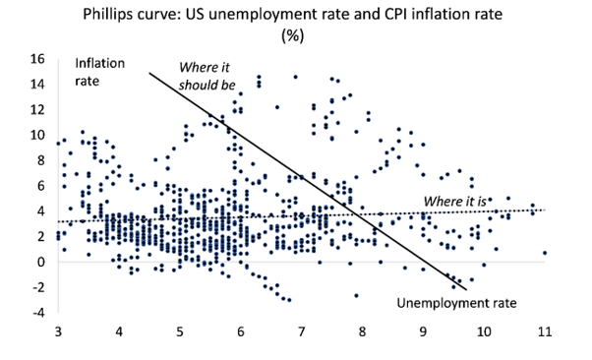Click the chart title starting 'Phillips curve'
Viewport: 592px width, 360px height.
(x=293, y=15)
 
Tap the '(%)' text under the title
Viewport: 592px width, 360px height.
(x=293, y=35)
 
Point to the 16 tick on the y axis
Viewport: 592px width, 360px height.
(x=37, y=59)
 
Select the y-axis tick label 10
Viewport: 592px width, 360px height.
(x=37, y=135)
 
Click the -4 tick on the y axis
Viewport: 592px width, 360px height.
(x=38, y=313)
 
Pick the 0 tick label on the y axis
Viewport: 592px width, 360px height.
(x=40, y=262)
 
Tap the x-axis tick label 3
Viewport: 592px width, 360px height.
(x=58, y=331)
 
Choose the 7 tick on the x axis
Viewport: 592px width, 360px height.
(x=301, y=331)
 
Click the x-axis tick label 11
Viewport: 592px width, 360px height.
(x=545, y=331)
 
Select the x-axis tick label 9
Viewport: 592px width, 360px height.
(x=423, y=331)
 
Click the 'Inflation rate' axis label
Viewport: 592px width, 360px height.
(x=99, y=72)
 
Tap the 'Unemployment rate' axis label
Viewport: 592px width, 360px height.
(x=456, y=303)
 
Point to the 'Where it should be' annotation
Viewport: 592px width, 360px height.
(x=207, y=77)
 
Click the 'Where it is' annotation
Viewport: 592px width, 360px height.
(x=455, y=202)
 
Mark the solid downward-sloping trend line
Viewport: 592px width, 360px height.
(x=308, y=181)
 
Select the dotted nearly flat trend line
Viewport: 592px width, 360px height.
(x=301, y=215)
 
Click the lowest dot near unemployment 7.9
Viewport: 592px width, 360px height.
(x=356, y=295)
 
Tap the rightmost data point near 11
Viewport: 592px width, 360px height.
(x=545, y=253)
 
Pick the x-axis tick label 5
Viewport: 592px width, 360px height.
(x=180, y=331)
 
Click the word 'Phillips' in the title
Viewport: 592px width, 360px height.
(x=105, y=15)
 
